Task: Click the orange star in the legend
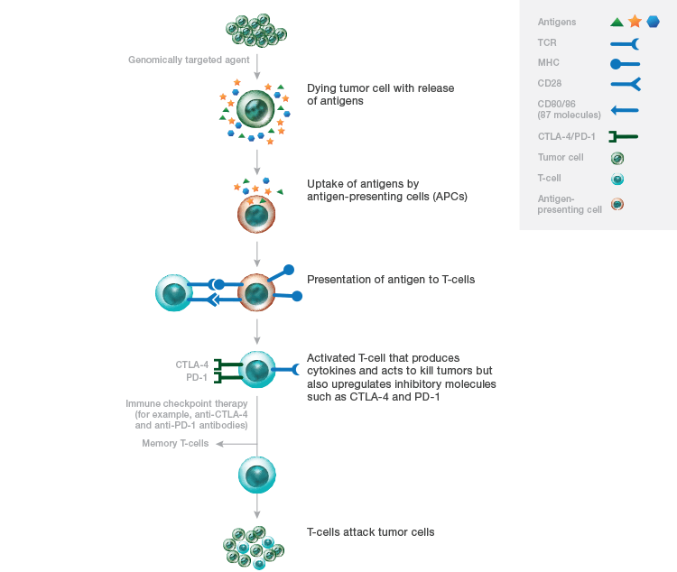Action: (635, 21)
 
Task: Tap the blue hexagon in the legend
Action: (654, 22)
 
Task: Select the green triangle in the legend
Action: (617, 22)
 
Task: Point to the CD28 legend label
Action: (549, 83)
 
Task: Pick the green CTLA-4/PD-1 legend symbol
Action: (624, 137)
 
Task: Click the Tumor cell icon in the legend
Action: (617, 159)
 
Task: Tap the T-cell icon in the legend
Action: (617, 179)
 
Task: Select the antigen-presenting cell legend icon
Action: (617, 204)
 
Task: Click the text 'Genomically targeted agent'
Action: (189, 60)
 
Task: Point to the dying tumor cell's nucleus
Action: (255, 109)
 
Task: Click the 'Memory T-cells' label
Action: (175, 443)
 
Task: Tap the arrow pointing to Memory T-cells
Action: (236, 444)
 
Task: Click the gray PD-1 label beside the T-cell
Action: (197, 378)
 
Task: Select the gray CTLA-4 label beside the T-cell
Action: (192, 364)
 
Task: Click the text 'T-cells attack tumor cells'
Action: (370, 532)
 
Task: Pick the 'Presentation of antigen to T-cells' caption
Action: (391, 280)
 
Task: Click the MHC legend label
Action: (548, 63)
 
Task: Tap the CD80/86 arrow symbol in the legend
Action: (625, 110)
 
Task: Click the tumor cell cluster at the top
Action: (256, 30)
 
